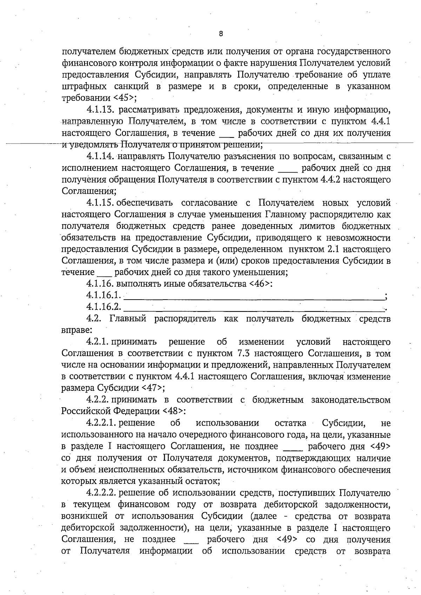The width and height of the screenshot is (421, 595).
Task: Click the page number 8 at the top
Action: (221, 34)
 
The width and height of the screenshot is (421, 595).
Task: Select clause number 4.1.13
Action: (101, 110)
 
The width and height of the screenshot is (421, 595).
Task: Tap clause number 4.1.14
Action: (101, 156)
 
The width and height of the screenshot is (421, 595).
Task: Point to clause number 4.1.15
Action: (101, 203)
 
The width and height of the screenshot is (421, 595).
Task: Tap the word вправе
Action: (72, 330)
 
